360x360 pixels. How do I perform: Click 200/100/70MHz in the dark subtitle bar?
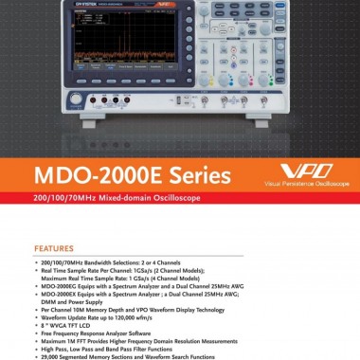coord(61,199)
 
